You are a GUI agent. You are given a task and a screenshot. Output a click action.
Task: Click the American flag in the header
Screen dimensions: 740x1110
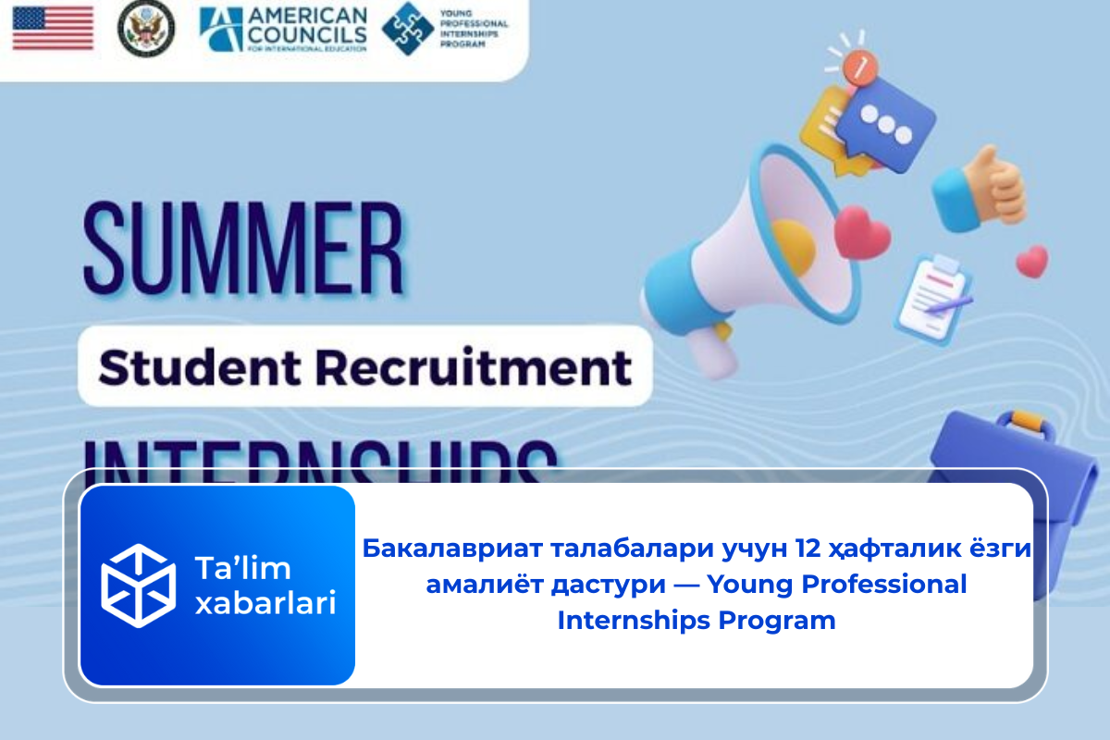coord(53,28)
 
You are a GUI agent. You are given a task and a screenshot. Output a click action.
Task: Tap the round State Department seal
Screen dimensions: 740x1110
coord(145,29)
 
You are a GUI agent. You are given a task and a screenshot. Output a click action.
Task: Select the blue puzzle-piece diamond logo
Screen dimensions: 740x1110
coord(408,29)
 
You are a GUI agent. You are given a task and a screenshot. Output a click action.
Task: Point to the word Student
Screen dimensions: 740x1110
coord(179,367)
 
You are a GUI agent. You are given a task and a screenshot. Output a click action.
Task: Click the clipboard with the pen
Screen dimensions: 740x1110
coord(931,297)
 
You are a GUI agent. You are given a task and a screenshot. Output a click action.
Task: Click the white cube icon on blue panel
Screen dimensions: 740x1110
coord(138,585)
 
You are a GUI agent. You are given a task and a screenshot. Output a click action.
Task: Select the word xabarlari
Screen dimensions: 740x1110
coord(265,603)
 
